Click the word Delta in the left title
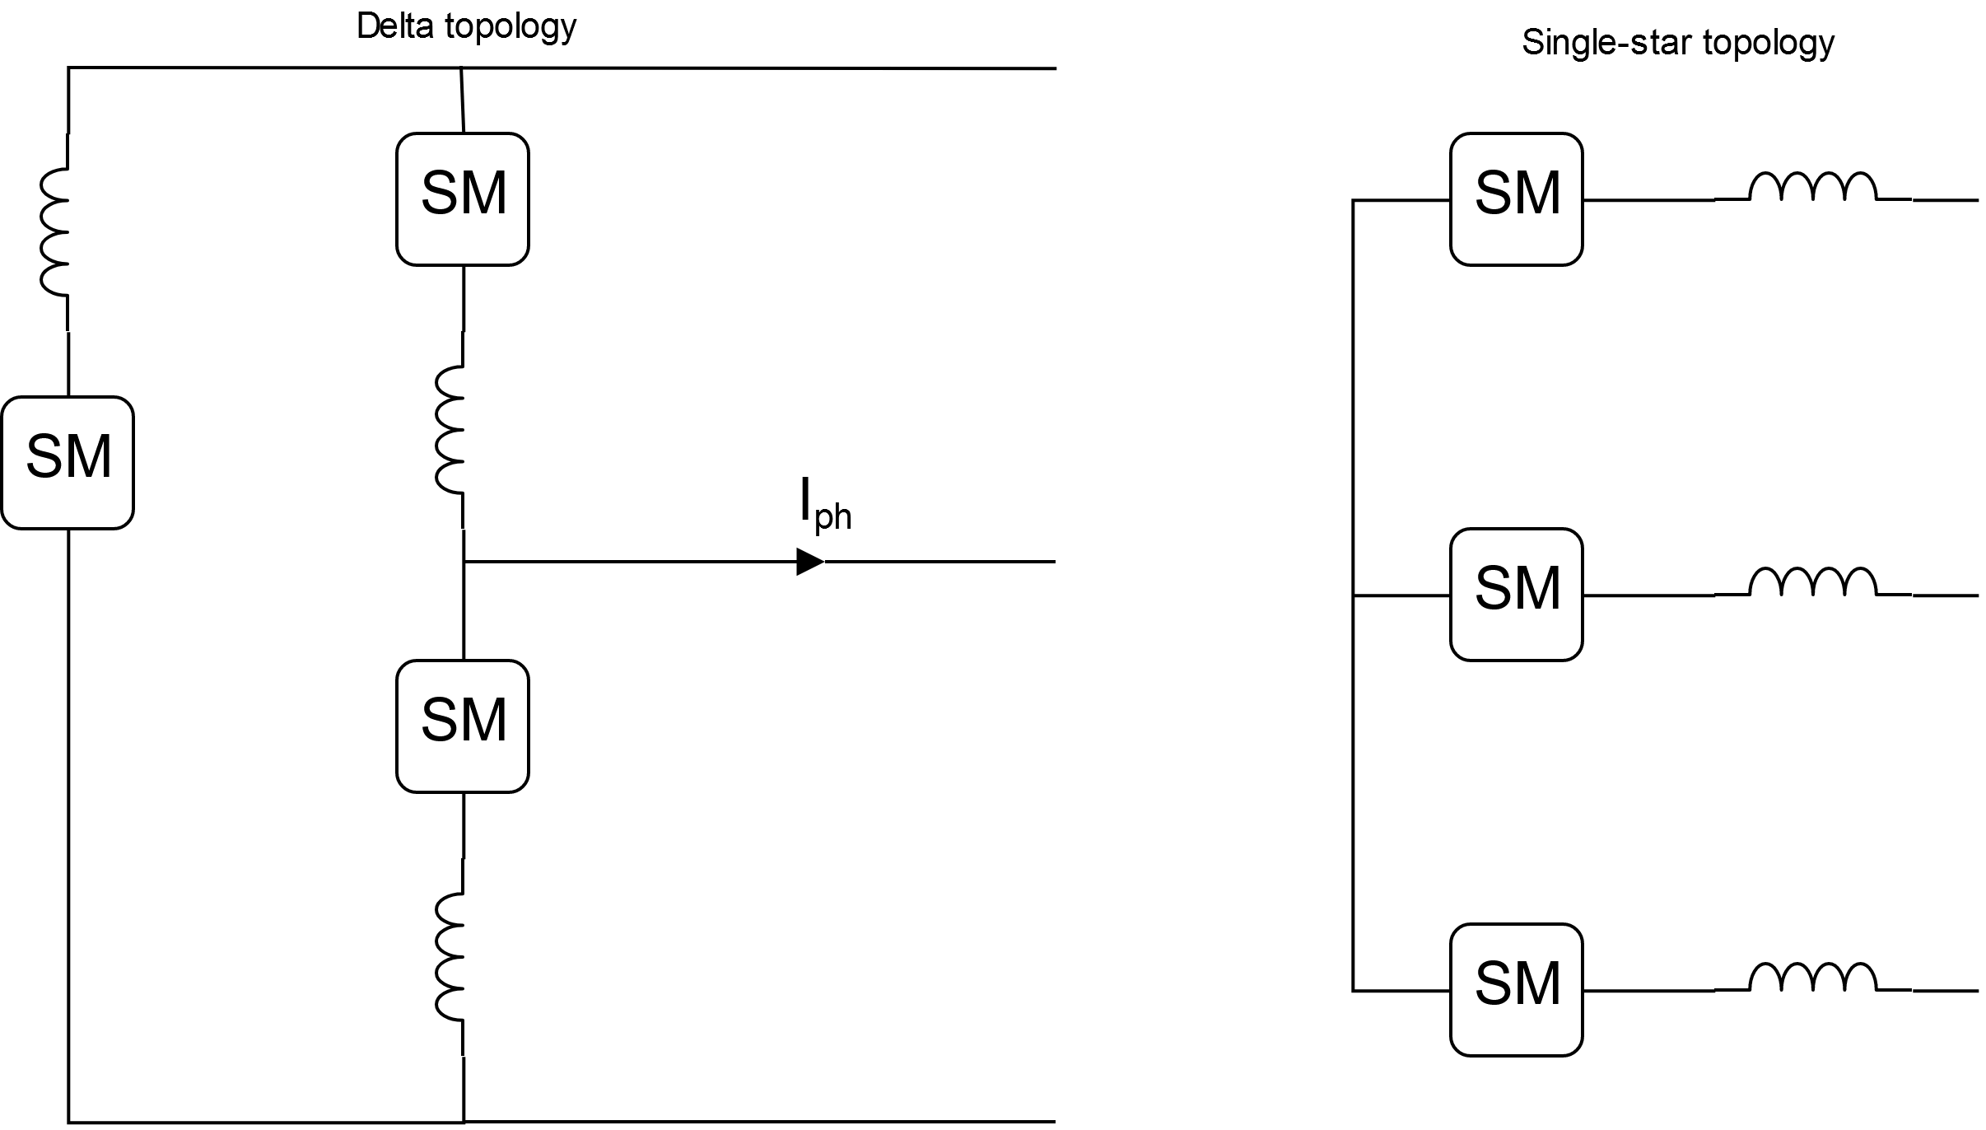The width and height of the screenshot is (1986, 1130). point(395,26)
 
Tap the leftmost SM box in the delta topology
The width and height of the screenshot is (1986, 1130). point(68,462)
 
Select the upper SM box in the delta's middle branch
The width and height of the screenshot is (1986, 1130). point(463,198)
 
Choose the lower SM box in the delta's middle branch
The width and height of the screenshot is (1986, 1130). point(463,726)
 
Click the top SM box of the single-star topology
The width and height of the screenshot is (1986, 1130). point(1517,198)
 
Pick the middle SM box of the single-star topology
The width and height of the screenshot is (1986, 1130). point(1517,594)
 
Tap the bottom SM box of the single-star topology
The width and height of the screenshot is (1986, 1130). point(1517,989)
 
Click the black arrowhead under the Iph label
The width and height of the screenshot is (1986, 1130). point(810,562)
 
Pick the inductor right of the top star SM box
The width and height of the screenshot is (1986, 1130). point(1813,188)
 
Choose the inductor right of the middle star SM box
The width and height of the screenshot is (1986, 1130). point(1813,583)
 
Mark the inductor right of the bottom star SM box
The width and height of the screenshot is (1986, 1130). point(1813,978)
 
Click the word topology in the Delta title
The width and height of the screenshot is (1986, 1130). point(510,26)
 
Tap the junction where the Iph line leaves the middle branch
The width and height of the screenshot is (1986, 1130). point(464,562)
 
